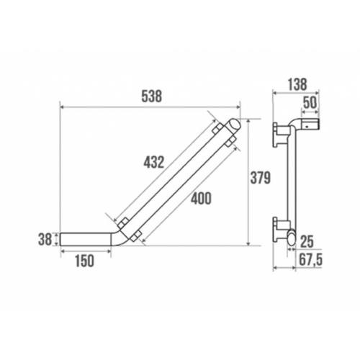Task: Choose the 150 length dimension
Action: pos(85,261)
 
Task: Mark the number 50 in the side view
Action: pos(310,103)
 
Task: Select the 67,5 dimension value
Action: pos(310,261)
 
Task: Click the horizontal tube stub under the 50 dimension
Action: pos(310,126)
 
